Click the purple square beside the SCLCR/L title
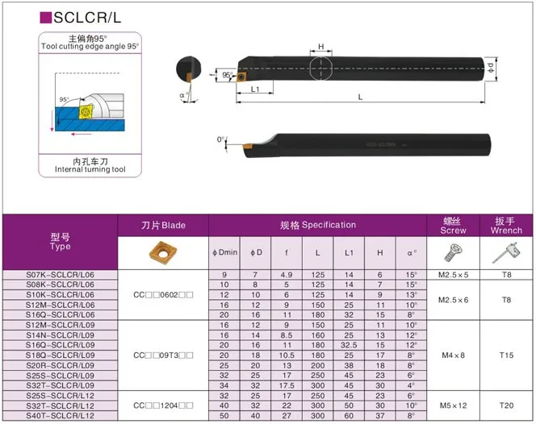[x=45, y=16]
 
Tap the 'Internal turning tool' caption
[x=90, y=169]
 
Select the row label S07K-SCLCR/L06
[x=61, y=276]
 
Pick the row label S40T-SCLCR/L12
[x=61, y=414]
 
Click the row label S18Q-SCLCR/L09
[x=61, y=354]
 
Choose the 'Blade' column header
[x=163, y=225]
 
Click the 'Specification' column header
[x=317, y=225]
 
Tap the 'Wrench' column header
[x=506, y=225]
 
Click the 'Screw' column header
[x=454, y=225]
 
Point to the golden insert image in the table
[x=163, y=253]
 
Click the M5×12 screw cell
[x=454, y=405]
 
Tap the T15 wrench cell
[x=506, y=354]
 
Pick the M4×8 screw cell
[x=454, y=354]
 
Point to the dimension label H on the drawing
[x=321, y=47]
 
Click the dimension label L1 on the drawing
[x=255, y=88]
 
